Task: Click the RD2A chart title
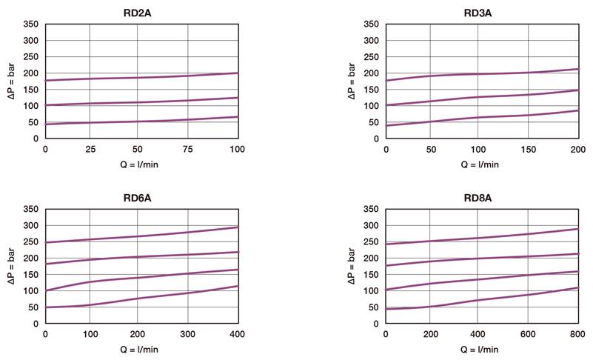(x=141, y=12)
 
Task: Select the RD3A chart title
(x=481, y=12)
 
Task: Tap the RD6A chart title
(x=141, y=198)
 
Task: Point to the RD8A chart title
(x=481, y=198)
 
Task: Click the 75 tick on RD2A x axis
(x=188, y=149)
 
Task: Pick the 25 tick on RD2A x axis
(x=91, y=149)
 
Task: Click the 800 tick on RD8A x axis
(x=577, y=335)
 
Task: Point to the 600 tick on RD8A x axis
(x=527, y=335)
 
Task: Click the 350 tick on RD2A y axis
(x=31, y=24)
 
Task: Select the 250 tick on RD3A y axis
(x=371, y=57)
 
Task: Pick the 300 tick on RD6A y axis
(x=31, y=225)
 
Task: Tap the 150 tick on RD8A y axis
(x=371, y=274)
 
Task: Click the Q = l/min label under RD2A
(x=141, y=164)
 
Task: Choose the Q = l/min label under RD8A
(x=481, y=350)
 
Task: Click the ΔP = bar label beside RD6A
(x=10, y=274)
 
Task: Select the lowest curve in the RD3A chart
(x=481, y=117)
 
